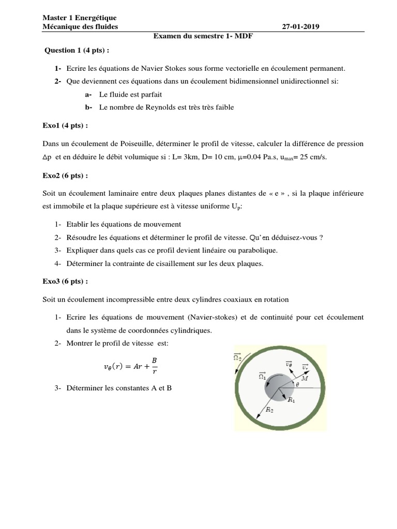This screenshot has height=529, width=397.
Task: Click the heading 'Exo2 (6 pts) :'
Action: [65, 175]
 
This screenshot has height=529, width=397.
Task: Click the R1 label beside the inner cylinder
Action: [291, 399]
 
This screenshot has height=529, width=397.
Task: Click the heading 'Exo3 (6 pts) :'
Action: [65, 281]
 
